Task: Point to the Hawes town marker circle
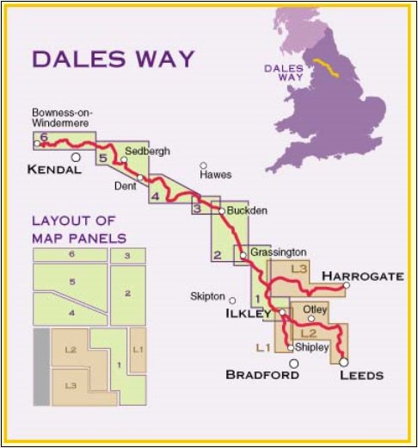point(204,165)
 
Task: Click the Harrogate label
point(362,276)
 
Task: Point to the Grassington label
point(278,252)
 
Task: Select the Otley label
point(316,308)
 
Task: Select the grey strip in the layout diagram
point(40,367)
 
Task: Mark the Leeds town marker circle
point(344,362)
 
